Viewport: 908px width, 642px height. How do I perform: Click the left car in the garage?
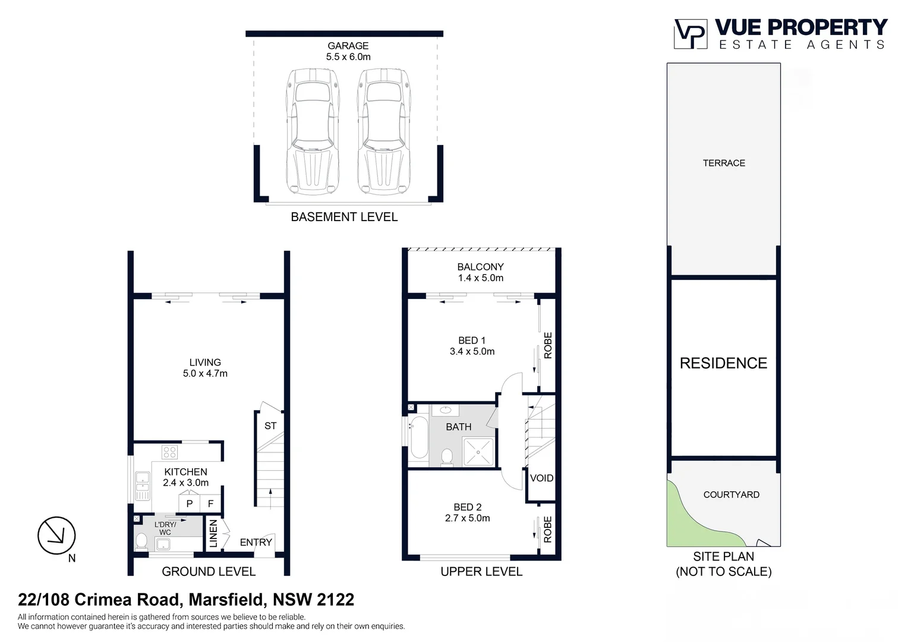click(313, 132)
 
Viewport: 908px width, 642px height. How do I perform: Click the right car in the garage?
click(384, 132)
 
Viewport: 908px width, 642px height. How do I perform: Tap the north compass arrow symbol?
click(56, 536)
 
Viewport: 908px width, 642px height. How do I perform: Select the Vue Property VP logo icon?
click(690, 34)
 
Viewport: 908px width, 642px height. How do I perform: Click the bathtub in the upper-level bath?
click(419, 437)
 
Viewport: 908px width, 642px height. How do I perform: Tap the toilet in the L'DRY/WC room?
click(141, 540)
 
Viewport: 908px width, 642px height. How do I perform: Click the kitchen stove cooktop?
click(169, 452)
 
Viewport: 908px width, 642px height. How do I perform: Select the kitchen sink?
click(143, 485)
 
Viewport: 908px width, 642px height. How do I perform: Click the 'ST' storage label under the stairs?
click(270, 426)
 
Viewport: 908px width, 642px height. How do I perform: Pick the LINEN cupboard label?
click(213, 533)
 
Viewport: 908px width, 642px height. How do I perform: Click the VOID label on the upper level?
click(541, 478)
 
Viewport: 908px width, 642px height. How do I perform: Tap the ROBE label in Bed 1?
click(548, 345)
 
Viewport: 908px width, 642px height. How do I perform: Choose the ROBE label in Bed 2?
click(548, 529)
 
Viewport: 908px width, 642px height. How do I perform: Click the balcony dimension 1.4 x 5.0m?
click(480, 278)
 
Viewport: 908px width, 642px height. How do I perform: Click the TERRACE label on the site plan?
click(723, 163)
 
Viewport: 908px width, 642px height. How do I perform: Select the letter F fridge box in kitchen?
click(210, 503)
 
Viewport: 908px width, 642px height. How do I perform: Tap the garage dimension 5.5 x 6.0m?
click(348, 57)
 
